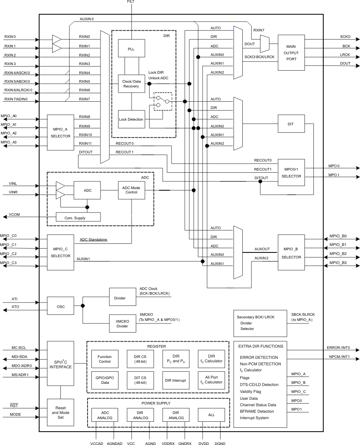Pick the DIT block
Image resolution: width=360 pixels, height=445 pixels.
tap(291, 124)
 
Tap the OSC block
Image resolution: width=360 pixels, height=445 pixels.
tap(60, 306)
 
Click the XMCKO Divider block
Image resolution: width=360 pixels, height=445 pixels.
tap(122, 323)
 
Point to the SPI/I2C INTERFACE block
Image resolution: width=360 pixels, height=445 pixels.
tap(60, 364)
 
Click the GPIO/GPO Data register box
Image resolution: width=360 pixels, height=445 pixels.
tap(104, 379)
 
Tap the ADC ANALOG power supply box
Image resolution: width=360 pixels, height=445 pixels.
tap(104, 415)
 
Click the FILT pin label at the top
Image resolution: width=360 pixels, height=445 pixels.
tap(131, 2)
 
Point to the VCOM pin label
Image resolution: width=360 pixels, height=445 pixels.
tap(14, 215)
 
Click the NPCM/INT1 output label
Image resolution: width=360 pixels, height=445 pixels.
tap(339, 358)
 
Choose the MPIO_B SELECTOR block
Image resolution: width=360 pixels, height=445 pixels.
tap(291, 253)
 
